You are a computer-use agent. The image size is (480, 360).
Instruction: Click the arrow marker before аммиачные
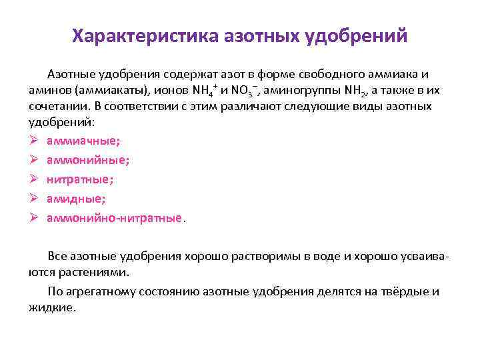point(36,141)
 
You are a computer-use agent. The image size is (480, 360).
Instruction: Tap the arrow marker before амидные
point(36,199)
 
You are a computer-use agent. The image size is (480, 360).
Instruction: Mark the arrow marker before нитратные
point(36,179)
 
